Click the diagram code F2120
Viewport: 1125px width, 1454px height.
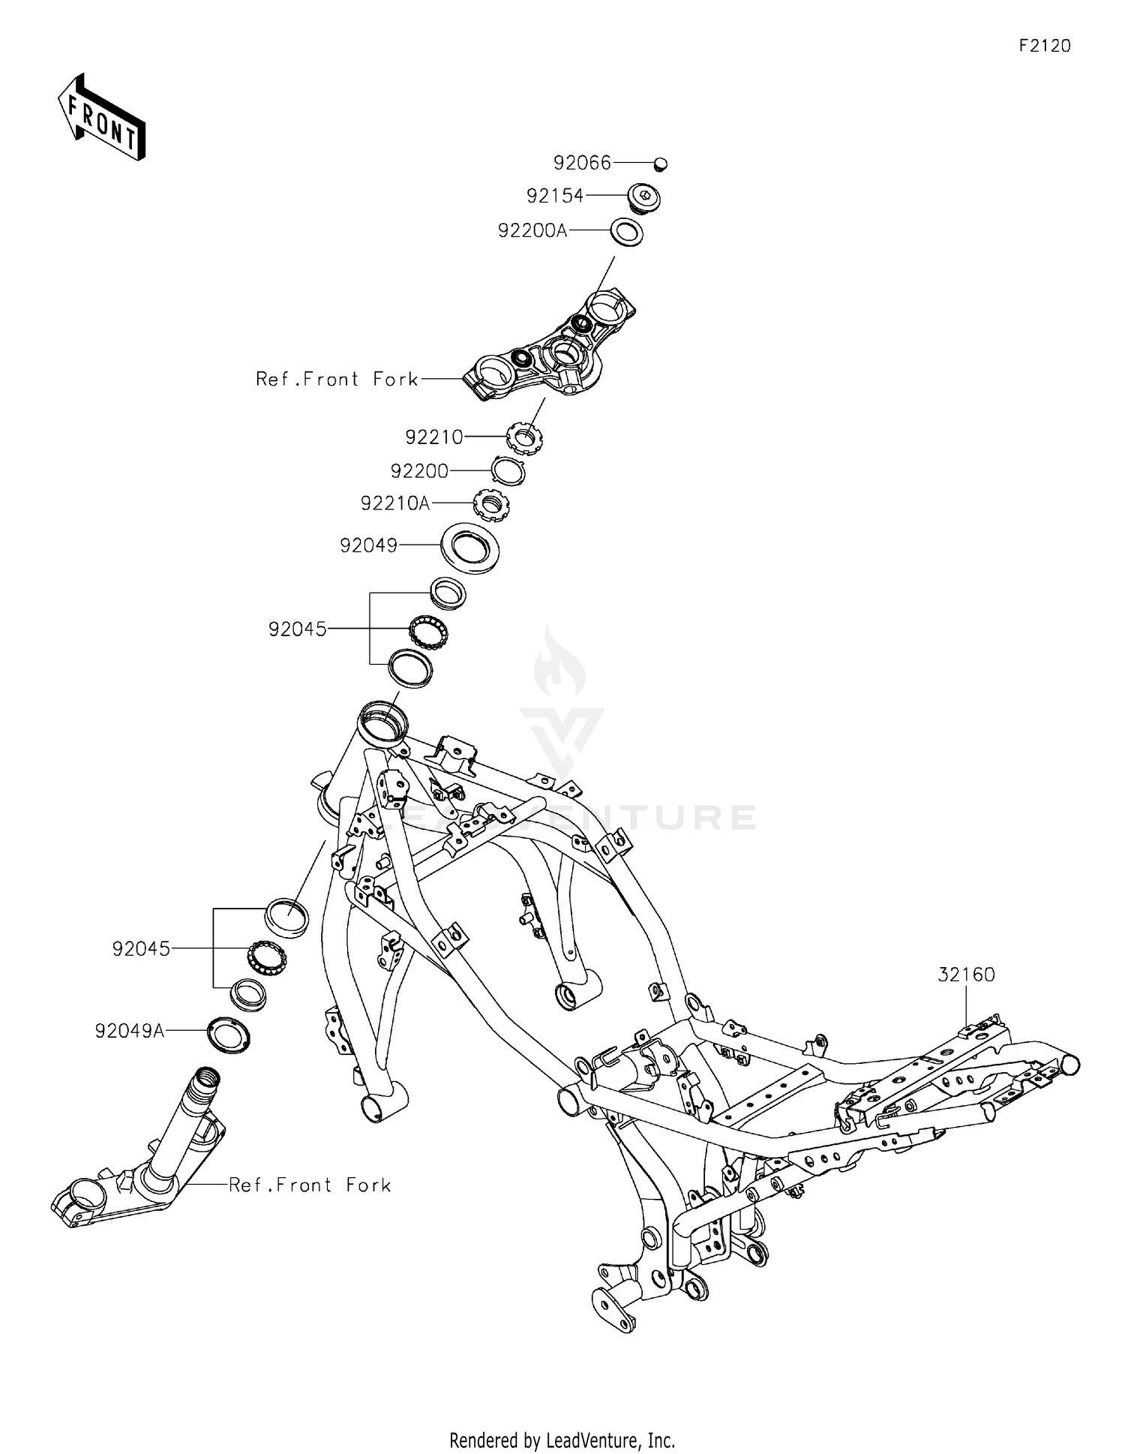point(1045,46)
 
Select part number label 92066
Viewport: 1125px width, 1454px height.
point(582,163)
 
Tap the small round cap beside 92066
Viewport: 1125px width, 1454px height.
point(661,163)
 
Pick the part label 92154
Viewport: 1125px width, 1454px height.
point(555,196)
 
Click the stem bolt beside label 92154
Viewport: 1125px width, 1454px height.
point(643,197)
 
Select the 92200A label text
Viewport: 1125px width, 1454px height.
point(532,231)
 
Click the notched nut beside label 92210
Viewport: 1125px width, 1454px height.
point(526,437)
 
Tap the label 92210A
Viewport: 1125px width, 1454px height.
point(395,503)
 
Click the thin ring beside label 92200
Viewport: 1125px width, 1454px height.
point(508,472)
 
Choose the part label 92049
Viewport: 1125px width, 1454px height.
point(368,545)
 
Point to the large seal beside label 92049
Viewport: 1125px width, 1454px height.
point(470,548)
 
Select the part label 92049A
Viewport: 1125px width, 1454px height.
point(130,1032)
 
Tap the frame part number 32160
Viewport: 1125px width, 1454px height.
point(966,975)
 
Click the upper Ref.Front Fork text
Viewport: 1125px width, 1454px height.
point(337,380)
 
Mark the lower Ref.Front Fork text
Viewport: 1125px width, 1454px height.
point(310,1185)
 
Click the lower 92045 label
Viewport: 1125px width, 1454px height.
point(141,949)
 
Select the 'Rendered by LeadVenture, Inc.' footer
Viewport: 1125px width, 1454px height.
point(562,1440)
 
